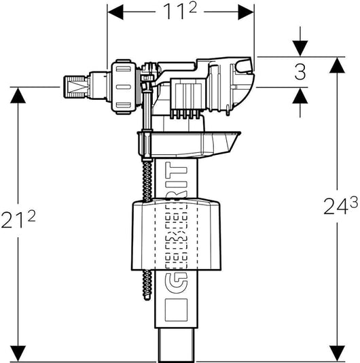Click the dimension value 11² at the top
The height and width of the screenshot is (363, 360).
[x=181, y=12]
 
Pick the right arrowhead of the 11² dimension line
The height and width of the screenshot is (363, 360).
[x=245, y=12]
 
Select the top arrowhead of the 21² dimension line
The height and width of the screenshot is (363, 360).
[x=20, y=94]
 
